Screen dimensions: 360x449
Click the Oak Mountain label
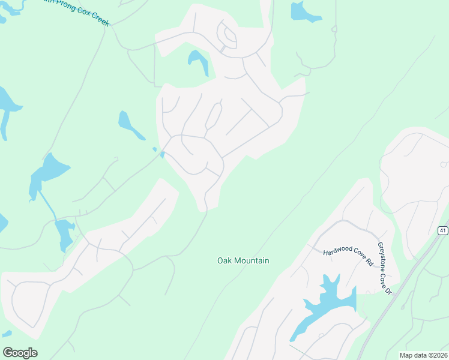point(243,260)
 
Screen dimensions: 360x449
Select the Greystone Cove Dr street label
point(384,268)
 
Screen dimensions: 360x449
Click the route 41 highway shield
point(442,230)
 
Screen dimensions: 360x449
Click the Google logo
point(20,353)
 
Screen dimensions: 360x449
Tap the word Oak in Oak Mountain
point(223,260)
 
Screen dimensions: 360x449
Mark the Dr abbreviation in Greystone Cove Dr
point(388,291)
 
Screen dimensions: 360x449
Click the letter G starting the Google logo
point(8,352)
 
